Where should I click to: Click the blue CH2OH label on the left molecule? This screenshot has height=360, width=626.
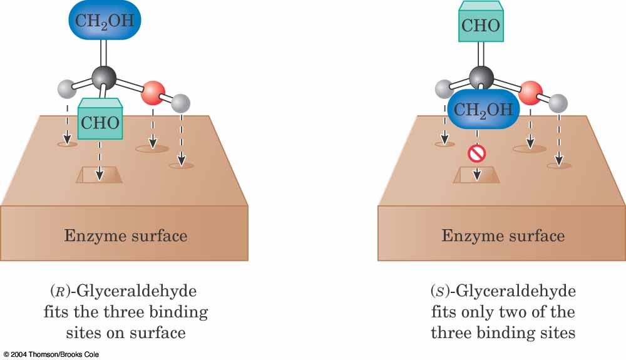tap(105, 20)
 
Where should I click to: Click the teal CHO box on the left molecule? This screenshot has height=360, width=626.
tap(100, 121)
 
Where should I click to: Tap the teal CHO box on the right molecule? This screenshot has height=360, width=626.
tap(481, 25)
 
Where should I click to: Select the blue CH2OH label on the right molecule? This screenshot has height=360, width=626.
tap(483, 110)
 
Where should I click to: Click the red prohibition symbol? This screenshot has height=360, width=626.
tap(477, 153)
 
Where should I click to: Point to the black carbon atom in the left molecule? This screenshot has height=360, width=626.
tap(104, 78)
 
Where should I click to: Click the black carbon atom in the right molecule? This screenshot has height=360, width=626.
tap(481, 77)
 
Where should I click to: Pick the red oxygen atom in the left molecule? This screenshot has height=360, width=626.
tap(152, 93)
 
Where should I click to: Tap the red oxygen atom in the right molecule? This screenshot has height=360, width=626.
tap(531, 93)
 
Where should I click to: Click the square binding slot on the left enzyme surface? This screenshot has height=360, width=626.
tap(100, 175)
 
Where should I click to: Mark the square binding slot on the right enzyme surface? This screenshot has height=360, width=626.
tap(476, 175)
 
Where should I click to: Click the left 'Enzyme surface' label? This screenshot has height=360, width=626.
tap(125, 236)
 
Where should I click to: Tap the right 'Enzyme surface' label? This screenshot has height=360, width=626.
tap(503, 236)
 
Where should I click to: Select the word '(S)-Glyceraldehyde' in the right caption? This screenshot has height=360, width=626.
tap(503, 292)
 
